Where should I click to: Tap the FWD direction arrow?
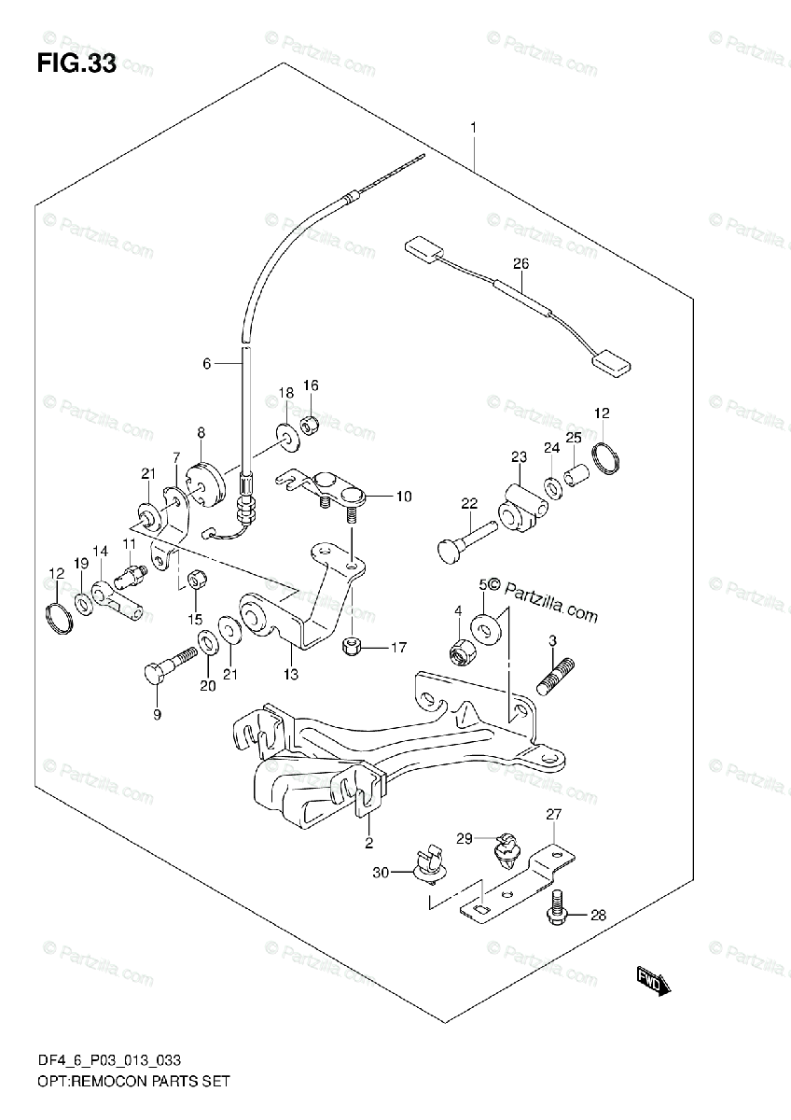pyautogui.click(x=652, y=981)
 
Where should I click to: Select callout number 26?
pyautogui.click(x=520, y=263)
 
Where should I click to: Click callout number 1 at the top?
pyautogui.click(x=474, y=126)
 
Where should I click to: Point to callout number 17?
pyautogui.click(x=398, y=647)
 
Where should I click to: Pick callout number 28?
pyautogui.click(x=597, y=916)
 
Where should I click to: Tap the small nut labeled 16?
pyautogui.click(x=312, y=425)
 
